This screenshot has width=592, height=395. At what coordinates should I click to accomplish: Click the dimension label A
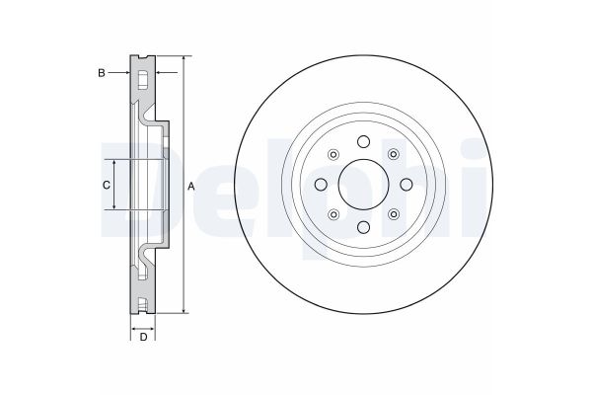pyautogui.click(x=191, y=187)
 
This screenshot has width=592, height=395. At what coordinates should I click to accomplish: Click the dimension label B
pyautogui.click(x=102, y=73)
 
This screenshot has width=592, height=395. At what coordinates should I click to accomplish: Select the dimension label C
pyautogui.click(x=107, y=186)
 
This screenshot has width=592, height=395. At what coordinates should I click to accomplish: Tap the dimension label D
pyautogui.click(x=143, y=337)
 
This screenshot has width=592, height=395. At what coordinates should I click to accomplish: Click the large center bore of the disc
pyautogui.click(x=363, y=185)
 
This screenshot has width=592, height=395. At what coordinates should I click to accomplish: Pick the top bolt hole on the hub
pyautogui.click(x=363, y=142)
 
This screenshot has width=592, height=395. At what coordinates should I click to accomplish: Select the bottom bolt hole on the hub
pyautogui.click(x=363, y=227)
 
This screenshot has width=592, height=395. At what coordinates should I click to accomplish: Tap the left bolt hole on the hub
pyautogui.click(x=321, y=185)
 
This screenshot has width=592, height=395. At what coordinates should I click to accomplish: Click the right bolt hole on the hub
pyautogui.click(x=407, y=185)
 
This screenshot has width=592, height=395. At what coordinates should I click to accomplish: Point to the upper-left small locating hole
pyautogui.click(x=333, y=154)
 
